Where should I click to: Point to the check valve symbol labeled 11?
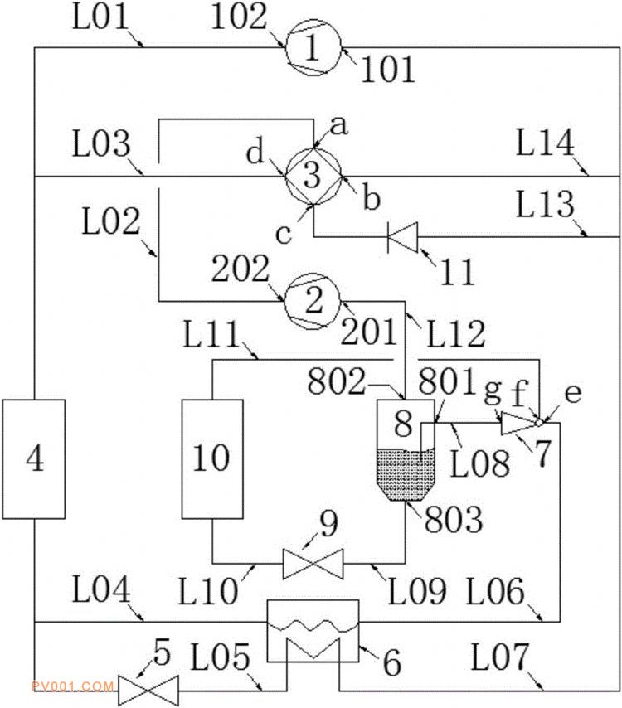[x=403, y=236]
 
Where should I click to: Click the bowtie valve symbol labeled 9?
[x=313, y=564]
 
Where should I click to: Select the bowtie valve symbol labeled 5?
[x=148, y=691]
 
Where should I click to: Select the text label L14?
[x=546, y=143]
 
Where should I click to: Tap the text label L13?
[x=546, y=204]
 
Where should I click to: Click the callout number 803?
[x=454, y=519]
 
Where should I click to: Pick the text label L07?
[x=499, y=657]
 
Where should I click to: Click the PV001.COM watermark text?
[x=72, y=686]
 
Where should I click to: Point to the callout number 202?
[x=241, y=269]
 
